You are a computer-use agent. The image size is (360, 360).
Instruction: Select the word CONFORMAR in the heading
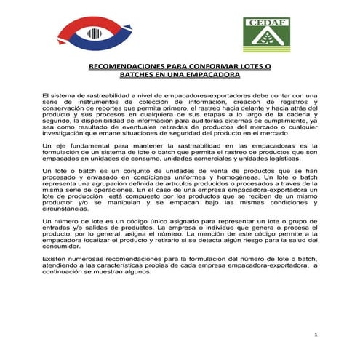click(x=214, y=66)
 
